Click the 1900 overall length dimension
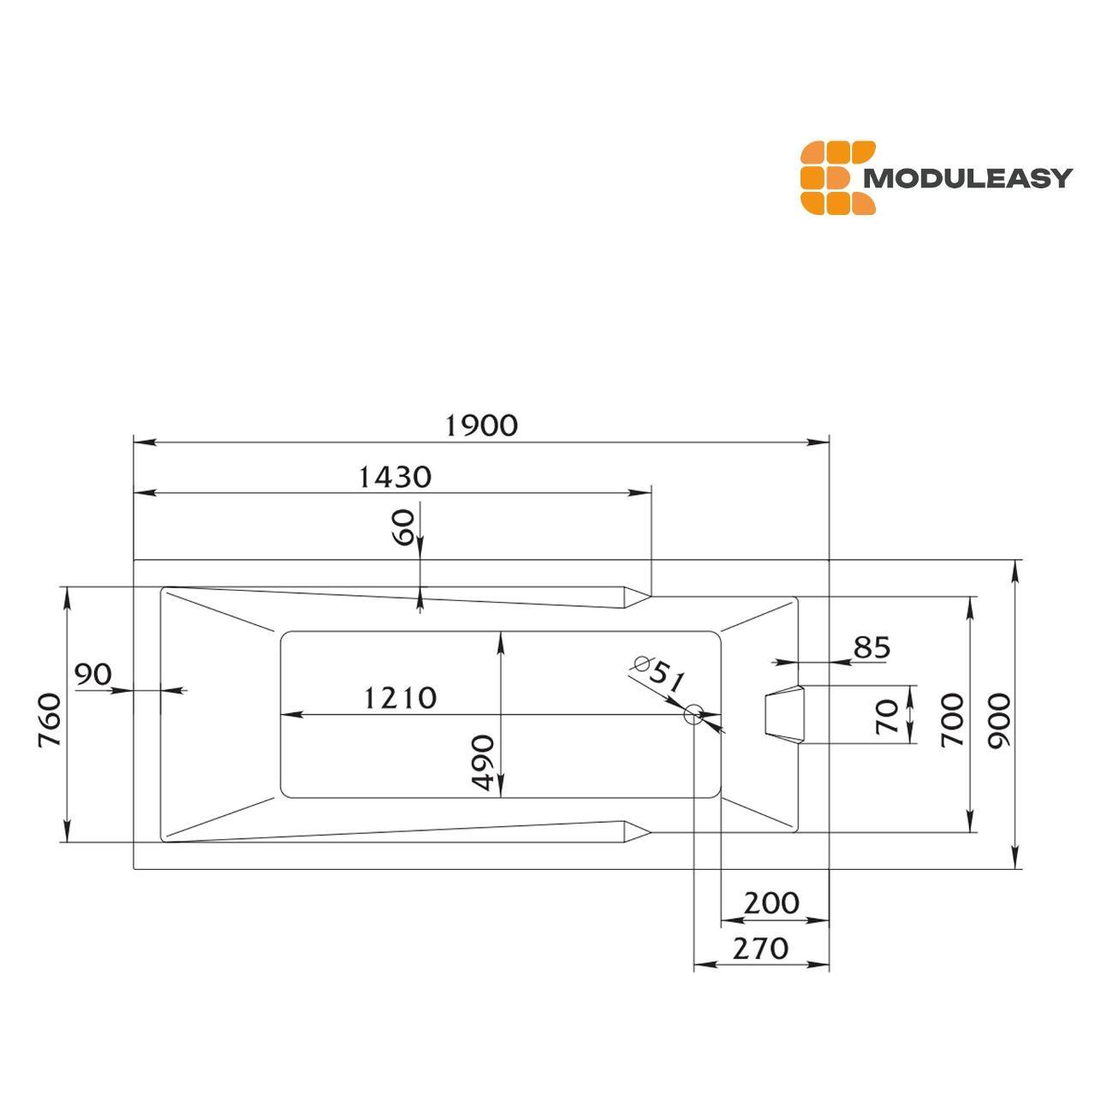click(481, 426)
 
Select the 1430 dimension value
click(395, 477)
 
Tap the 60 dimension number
click(404, 527)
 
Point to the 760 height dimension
click(49, 720)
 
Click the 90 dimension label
click(93, 674)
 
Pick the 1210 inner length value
click(400, 698)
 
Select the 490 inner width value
click(482, 762)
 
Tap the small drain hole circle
click(693, 715)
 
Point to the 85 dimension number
click(872, 648)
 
